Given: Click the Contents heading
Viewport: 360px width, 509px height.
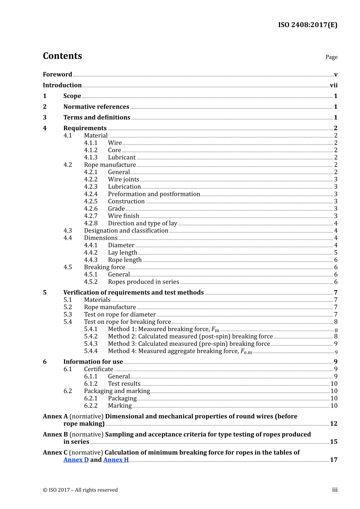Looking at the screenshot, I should pos(62,56).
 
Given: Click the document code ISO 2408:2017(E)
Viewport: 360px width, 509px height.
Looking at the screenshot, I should pos(307,25).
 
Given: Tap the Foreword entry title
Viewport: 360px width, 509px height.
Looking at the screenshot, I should pos(57,75).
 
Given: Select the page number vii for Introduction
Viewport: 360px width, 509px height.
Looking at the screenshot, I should pos(333,85).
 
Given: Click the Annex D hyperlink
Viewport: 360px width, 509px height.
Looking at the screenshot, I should pos(76,460).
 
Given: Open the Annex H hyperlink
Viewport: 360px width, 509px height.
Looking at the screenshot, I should pos(116,460).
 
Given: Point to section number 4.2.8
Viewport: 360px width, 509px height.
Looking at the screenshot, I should pos(91,223).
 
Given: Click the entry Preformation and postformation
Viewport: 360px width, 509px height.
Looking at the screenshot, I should pos(154,194).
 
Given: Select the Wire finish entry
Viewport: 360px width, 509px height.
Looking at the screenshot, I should pos(124,216).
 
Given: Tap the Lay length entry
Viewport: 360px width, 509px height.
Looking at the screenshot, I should pos(122,253).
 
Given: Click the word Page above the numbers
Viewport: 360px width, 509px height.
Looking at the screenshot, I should pos(331,57).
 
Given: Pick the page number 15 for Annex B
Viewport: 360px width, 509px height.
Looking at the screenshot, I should pos(333,442).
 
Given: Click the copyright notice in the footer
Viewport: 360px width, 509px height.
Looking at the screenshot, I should pos(80,490).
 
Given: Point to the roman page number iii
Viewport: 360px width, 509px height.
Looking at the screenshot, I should pos(335,490).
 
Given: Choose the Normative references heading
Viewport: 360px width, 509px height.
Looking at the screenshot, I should pos(96,107).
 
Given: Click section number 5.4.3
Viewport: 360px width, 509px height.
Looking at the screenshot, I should pos(91,344).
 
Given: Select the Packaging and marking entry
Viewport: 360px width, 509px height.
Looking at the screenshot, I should pos(117,391).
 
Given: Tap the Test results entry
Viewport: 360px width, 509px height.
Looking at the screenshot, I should pos(124,384).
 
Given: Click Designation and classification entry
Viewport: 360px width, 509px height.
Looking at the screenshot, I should pos(126,231).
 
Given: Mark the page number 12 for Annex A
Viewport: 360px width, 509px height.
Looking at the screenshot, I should pos(333,423).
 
